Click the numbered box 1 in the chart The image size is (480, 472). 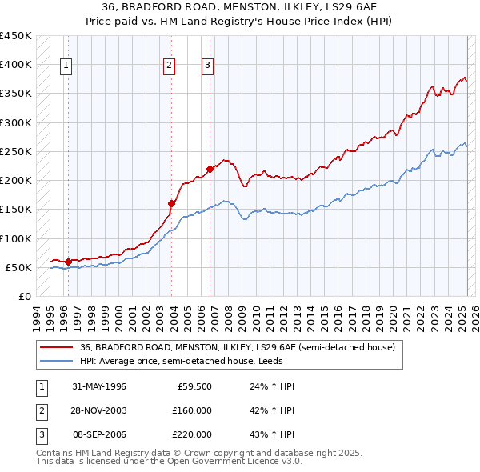pos(65,66)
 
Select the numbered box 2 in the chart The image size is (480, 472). pos(170,66)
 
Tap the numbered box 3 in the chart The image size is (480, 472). pos(207,66)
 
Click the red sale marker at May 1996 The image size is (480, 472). pos(69,261)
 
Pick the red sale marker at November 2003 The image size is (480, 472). pos(171,203)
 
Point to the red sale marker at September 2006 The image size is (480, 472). pos(210,169)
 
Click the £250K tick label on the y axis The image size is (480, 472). pos(17,151)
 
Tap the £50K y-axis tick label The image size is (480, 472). pos(20,267)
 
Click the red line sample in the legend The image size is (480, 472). pos(56,348)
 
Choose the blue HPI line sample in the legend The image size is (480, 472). pos(56,361)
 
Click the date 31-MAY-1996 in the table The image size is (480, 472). pos(99,386)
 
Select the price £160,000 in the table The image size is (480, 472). pos(192,410)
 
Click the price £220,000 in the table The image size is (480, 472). pos(192,434)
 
